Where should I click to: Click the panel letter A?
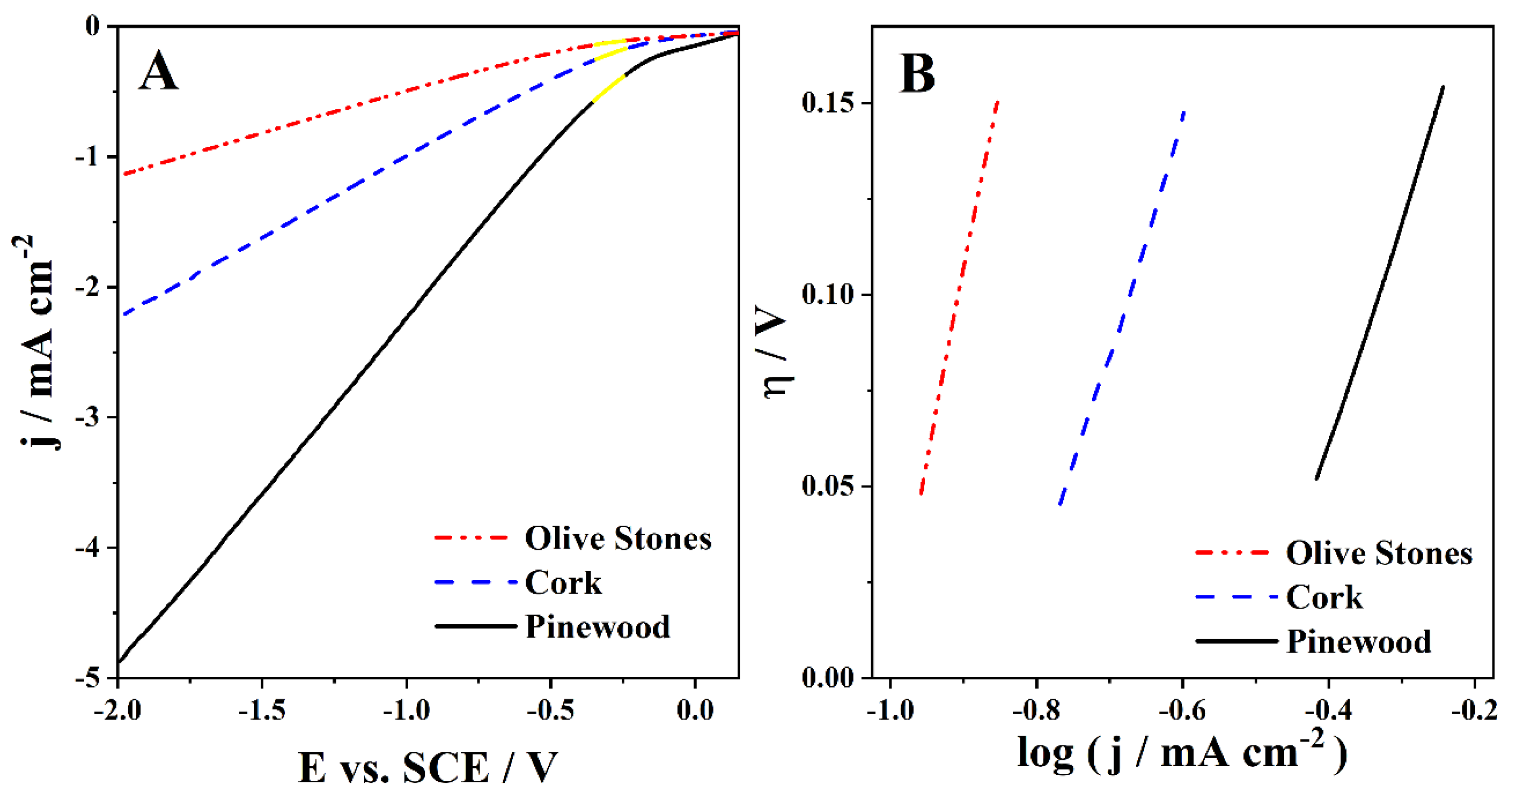[158, 71]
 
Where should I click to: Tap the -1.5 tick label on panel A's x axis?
[262, 710]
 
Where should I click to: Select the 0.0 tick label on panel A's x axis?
[695, 710]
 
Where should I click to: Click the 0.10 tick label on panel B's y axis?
[828, 294]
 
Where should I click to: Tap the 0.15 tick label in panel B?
[828, 103]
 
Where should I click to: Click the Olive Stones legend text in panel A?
[618, 539]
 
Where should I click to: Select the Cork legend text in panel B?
[1324, 597]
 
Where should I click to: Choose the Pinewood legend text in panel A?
[598, 626]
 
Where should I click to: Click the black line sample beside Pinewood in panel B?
[1236, 641]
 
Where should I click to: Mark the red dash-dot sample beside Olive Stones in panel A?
[471, 538]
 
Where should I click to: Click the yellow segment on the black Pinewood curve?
[608, 89]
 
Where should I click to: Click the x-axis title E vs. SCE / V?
[428, 768]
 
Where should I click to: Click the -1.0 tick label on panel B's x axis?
[890, 710]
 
